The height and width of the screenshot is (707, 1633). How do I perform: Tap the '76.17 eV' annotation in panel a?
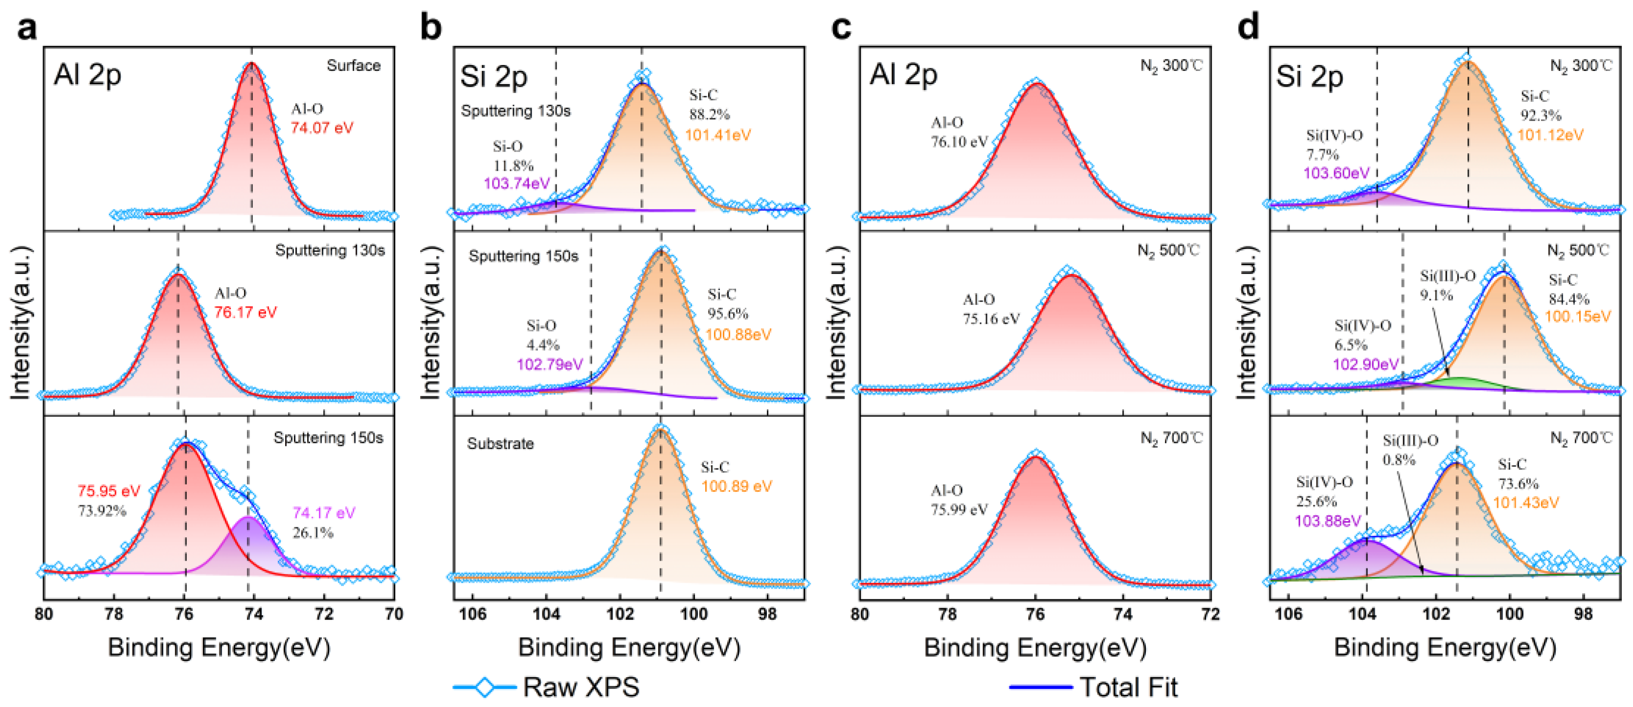coord(246,313)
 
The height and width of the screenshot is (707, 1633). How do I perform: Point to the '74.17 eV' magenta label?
coord(324,513)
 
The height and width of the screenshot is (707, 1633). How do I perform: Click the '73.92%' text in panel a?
coord(102,510)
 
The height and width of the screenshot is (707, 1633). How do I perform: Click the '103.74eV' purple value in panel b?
coord(516,184)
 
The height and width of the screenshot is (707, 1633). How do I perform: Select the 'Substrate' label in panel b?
coord(500,444)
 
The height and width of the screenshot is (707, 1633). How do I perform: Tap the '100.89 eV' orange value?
coord(736,487)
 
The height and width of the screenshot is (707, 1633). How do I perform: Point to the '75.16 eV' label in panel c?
coord(991,319)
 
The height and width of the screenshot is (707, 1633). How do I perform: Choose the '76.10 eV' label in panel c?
coord(959,142)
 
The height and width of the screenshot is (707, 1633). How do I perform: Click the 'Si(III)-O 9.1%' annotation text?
coord(1447,285)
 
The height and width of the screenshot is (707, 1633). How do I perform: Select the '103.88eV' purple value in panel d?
coord(1327,521)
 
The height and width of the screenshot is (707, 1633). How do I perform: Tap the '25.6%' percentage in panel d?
coord(1317,502)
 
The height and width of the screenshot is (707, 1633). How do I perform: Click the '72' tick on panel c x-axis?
coord(1209,614)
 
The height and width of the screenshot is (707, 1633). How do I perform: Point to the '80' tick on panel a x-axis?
coord(43,614)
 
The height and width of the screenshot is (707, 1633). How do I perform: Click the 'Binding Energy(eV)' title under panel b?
coord(629,647)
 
